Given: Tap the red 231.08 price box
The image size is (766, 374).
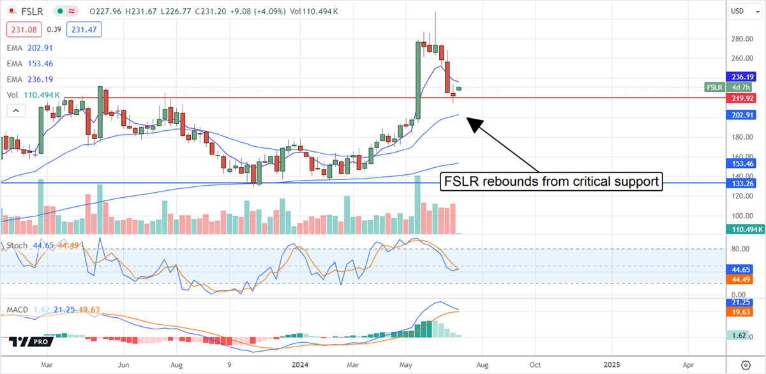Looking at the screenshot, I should (x=24, y=29).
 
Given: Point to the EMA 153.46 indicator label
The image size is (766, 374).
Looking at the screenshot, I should (x=30, y=63).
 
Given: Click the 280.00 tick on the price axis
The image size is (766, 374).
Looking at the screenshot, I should (x=740, y=39).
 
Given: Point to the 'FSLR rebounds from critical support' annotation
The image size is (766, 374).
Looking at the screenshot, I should (x=551, y=182).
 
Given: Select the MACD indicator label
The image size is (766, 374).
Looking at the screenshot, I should (x=18, y=310).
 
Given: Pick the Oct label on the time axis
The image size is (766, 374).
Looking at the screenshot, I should (x=535, y=365).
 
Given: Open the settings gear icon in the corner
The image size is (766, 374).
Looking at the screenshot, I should (x=746, y=365).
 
